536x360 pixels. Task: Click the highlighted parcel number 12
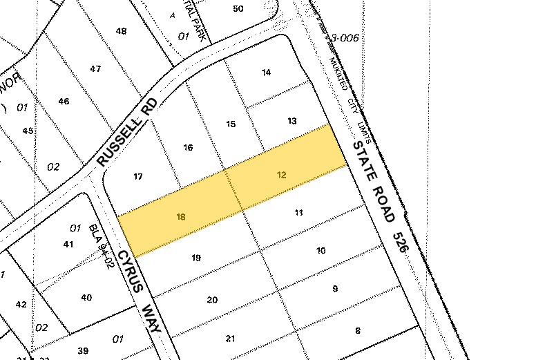(281, 175)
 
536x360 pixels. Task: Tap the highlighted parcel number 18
(181, 216)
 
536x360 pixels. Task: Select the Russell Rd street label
(128, 133)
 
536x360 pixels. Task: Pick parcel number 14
(267, 73)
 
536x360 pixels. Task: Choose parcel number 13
(292, 121)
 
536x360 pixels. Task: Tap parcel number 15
(231, 124)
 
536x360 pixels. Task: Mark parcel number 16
(188, 147)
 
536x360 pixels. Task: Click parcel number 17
(138, 177)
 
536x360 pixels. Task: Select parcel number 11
(299, 213)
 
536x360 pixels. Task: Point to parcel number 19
(196, 258)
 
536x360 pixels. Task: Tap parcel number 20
(212, 299)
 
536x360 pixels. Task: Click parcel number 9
(335, 289)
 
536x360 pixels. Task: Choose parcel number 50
(239, 8)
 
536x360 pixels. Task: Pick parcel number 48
(122, 31)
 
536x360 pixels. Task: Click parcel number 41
(68, 244)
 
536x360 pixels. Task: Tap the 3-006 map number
(345, 38)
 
